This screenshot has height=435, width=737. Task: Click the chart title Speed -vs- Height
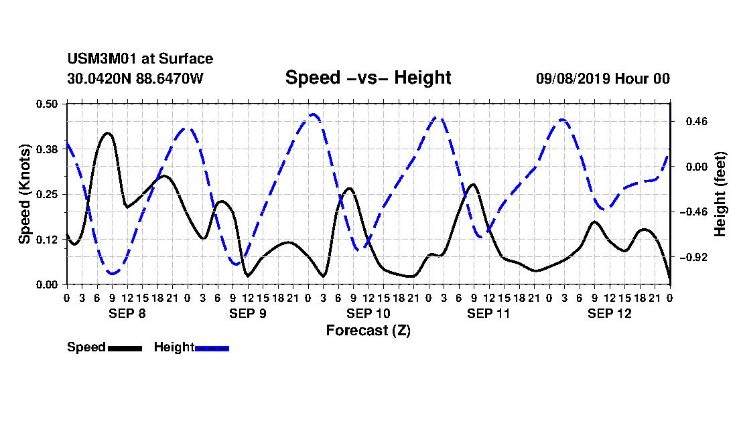click(x=368, y=78)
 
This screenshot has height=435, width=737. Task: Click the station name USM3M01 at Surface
click(x=140, y=59)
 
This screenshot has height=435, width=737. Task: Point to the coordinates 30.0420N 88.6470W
click(x=135, y=78)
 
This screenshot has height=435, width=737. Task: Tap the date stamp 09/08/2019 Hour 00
click(x=603, y=78)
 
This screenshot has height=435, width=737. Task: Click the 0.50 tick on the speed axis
click(x=46, y=104)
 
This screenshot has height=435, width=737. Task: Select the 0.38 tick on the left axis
click(x=46, y=149)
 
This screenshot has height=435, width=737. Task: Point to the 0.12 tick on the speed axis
click(x=46, y=240)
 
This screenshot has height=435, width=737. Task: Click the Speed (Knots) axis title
click(x=25, y=194)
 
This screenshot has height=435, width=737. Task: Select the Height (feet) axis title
click(x=720, y=194)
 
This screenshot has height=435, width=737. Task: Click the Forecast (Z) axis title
click(x=368, y=331)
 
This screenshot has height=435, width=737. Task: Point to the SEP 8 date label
click(x=127, y=313)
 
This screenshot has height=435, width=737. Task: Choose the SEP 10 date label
click(x=368, y=313)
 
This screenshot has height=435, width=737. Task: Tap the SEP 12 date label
click(x=610, y=313)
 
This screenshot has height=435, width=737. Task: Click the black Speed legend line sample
click(x=125, y=348)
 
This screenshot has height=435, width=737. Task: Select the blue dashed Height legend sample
click(x=212, y=348)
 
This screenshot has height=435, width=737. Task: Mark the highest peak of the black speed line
click(x=108, y=133)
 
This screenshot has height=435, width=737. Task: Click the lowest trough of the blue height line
click(x=113, y=273)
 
